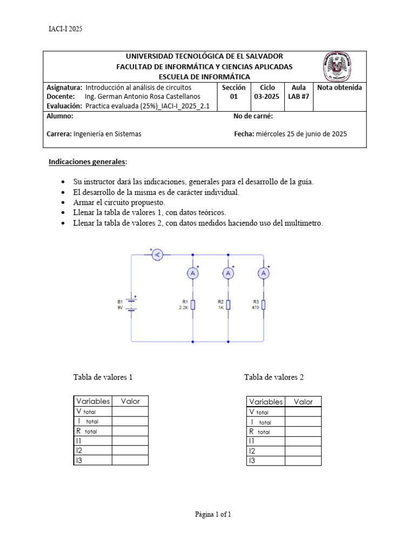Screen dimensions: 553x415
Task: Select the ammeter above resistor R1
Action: click(x=193, y=274)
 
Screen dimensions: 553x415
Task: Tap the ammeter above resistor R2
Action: click(x=228, y=274)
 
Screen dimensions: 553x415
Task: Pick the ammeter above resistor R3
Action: click(x=264, y=274)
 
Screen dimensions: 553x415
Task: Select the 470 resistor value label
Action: click(x=256, y=307)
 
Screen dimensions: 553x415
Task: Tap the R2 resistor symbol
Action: click(x=228, y=305)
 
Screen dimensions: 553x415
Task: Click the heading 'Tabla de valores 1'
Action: click(x=103, y=377)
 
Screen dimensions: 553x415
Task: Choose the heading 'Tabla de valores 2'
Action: click(x=274, y=377)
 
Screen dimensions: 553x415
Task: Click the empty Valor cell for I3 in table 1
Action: click(x=129, y=461)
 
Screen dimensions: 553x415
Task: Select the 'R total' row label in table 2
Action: click(x=260, y=431)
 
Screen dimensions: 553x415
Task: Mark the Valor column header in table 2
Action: click(x=303, y=401)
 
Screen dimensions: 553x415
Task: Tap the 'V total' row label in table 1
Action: click(x=86, y=412)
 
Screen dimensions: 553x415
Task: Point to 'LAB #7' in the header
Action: click(x=298, y=97)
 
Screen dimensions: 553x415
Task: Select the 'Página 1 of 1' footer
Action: click(x=213, y=515)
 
